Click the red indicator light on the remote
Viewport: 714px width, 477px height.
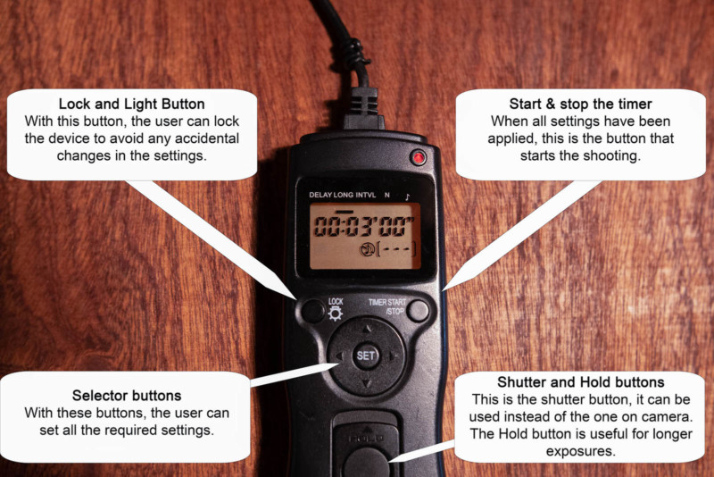[x=418, y=157]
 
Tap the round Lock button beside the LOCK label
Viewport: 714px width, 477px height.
[x=313, y=311]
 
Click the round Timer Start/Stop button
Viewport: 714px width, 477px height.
[x=418, y=311]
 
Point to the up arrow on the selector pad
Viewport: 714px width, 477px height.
[x=367, y=328]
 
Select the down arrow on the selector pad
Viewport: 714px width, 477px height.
[x=367, y=383]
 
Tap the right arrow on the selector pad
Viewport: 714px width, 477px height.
[x=394, y=356]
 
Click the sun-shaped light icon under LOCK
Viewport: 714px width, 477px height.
[x=336, y=314]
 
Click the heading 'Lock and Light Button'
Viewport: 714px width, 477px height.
[x=131, y=104]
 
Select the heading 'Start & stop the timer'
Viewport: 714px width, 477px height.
[x=581, y=104]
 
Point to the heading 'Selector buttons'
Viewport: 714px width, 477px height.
[x=127, y=396]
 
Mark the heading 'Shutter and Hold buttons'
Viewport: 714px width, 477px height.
[x=581, y=381]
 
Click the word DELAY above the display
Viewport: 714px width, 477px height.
[x=320, y=195]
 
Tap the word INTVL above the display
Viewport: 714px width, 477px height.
[x=366, y=195]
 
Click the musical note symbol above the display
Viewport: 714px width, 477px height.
[x=407, y=197]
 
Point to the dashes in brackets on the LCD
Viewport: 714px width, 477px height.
[x=396, y=249]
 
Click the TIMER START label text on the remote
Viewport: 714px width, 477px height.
[x=387, y=302]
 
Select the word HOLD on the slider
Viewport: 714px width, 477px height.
[x=366, y=439]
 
